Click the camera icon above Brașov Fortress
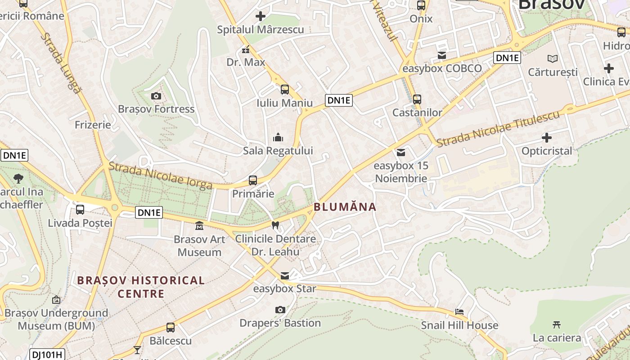(x=156, y=96)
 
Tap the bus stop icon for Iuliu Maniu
(x=284, y=90)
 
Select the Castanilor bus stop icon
(x=417, y=99)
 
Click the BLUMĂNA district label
(x=345, y=207)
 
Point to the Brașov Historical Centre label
(x=141, y=287)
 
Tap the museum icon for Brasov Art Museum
(x=199, y=225)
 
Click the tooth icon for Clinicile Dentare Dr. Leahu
(x=275, y=225)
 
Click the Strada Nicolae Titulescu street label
(x=499, y=128)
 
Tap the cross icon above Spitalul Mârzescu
(x=260, y=17)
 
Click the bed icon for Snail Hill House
(x=459, y=311)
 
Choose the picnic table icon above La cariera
(x=557, y=324)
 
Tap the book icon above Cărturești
(x=552, y=58)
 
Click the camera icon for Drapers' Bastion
(x=280, y=310)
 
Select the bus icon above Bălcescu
(x=170, y=328)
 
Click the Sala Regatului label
(x=278, y=151)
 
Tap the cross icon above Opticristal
(x=547, y=137)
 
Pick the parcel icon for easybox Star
(x=284, y=275)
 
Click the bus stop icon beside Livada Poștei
(x=80, y=210)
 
